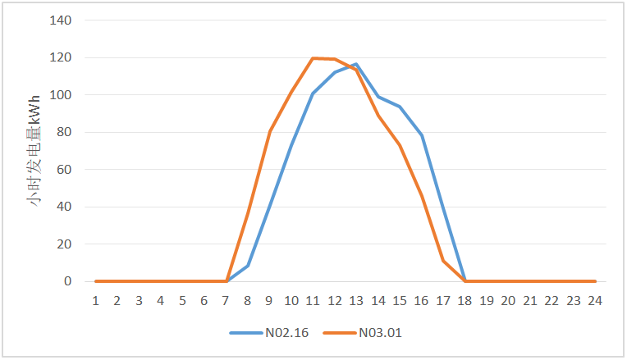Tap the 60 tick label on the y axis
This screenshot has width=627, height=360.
click(64, 170)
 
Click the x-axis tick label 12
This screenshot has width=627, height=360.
click(335, 301)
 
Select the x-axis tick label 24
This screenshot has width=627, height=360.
click(595, 301)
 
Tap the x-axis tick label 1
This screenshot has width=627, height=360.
click(96, 301)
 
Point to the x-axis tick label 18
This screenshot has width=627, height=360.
click(465, 301)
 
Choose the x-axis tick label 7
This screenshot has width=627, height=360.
click(227, 301)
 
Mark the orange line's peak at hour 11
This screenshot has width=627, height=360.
click(313, 58)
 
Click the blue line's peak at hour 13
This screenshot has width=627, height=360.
click(356, 64)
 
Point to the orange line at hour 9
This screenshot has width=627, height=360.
click(270, 131)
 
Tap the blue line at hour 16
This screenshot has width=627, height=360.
click(422, 135)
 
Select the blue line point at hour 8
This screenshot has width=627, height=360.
click(248, 266)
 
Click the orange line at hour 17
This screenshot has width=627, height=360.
click(443, 261)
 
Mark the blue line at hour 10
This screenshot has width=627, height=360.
click(291, 145)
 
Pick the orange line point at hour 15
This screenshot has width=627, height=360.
click(400, 145)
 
